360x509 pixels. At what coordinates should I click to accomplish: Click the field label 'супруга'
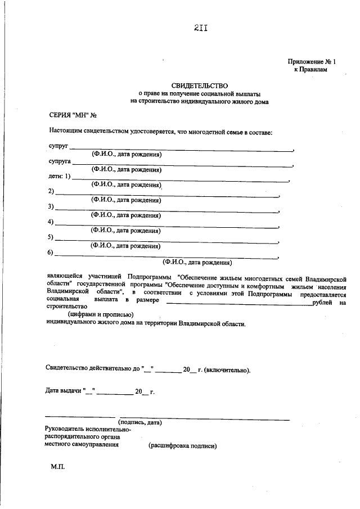[x=59, y=161]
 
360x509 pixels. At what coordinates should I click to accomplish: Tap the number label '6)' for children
[x=50, y=254]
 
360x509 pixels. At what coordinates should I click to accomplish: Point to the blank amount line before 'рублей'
[x=239, y=304]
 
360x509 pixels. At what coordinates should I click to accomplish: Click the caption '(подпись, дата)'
[x=139, y=422]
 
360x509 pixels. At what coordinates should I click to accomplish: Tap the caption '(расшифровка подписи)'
[x=182, y=446]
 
